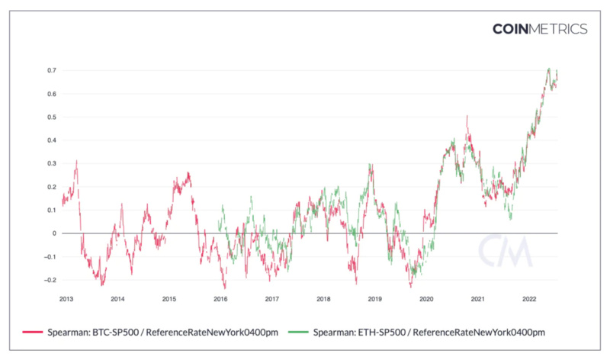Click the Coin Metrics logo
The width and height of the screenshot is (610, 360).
click(x=540, y=29)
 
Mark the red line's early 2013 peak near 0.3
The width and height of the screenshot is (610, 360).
click(x=77, y=161)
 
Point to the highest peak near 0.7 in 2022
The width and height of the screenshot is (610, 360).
click(x=548, y=69)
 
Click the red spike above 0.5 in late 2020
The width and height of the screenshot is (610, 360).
click(x=467, y=117)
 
